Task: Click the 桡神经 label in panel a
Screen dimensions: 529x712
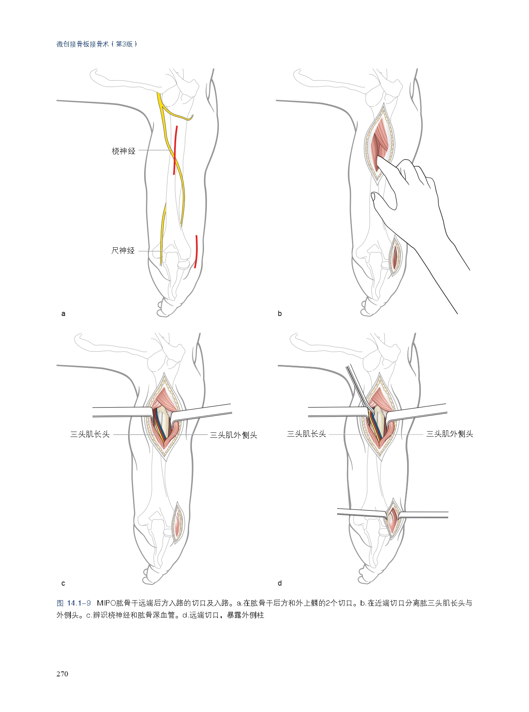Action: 124,151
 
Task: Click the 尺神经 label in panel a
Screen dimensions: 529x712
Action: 123,251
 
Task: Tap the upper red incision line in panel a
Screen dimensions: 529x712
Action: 176,150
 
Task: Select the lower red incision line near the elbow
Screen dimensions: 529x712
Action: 197,251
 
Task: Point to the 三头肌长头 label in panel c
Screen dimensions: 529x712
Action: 90,434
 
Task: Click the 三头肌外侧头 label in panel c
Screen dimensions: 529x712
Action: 233,435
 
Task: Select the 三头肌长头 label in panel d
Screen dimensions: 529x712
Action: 306,434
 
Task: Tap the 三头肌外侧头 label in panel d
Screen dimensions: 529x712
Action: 450,434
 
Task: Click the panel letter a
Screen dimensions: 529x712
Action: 63,314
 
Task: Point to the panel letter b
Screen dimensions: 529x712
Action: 280,314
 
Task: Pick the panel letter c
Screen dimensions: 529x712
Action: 63,584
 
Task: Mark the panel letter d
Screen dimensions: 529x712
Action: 280,583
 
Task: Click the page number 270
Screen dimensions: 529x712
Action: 62,674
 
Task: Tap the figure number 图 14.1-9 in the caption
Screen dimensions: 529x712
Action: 74,603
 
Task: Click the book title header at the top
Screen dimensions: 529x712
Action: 97,44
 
